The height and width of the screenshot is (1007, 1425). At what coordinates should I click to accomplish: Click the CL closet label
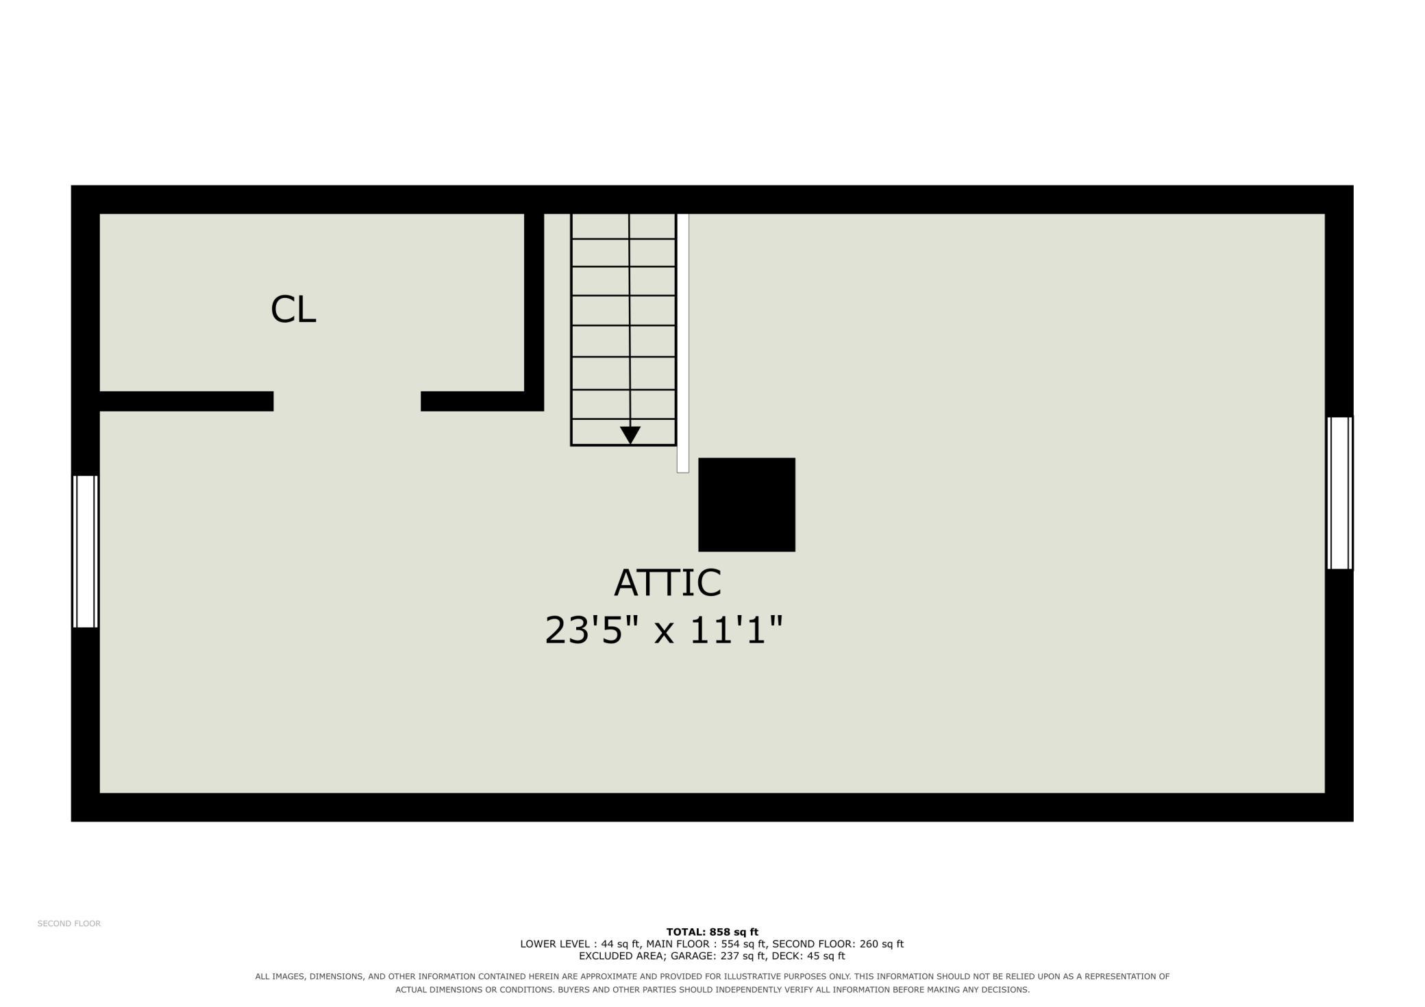(x=293, y=309)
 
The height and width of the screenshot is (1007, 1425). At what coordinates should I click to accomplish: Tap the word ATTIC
(x=667, y=582)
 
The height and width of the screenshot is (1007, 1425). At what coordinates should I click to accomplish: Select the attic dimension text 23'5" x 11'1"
(x=663, y=630)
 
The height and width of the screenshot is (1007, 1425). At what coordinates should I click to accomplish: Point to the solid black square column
(x=747, y=504)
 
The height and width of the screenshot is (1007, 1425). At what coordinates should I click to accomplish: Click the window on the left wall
(x=86, y=551)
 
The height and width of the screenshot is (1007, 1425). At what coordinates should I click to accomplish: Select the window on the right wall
(x=1340, y=493)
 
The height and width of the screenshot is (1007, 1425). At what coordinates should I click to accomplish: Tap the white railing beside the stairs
(x=682, y=343)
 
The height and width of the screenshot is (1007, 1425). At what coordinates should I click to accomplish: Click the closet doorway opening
(x=347, y=401)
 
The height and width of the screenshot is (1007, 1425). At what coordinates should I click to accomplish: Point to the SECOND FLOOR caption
(x=69, y=923)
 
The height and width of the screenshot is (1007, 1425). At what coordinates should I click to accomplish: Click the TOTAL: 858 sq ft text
(x=712, y=932)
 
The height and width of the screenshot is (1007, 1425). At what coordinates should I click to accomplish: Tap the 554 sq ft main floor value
(x=743, y=944)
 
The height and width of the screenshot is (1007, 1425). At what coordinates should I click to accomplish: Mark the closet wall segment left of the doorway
(x=186, y=401)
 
